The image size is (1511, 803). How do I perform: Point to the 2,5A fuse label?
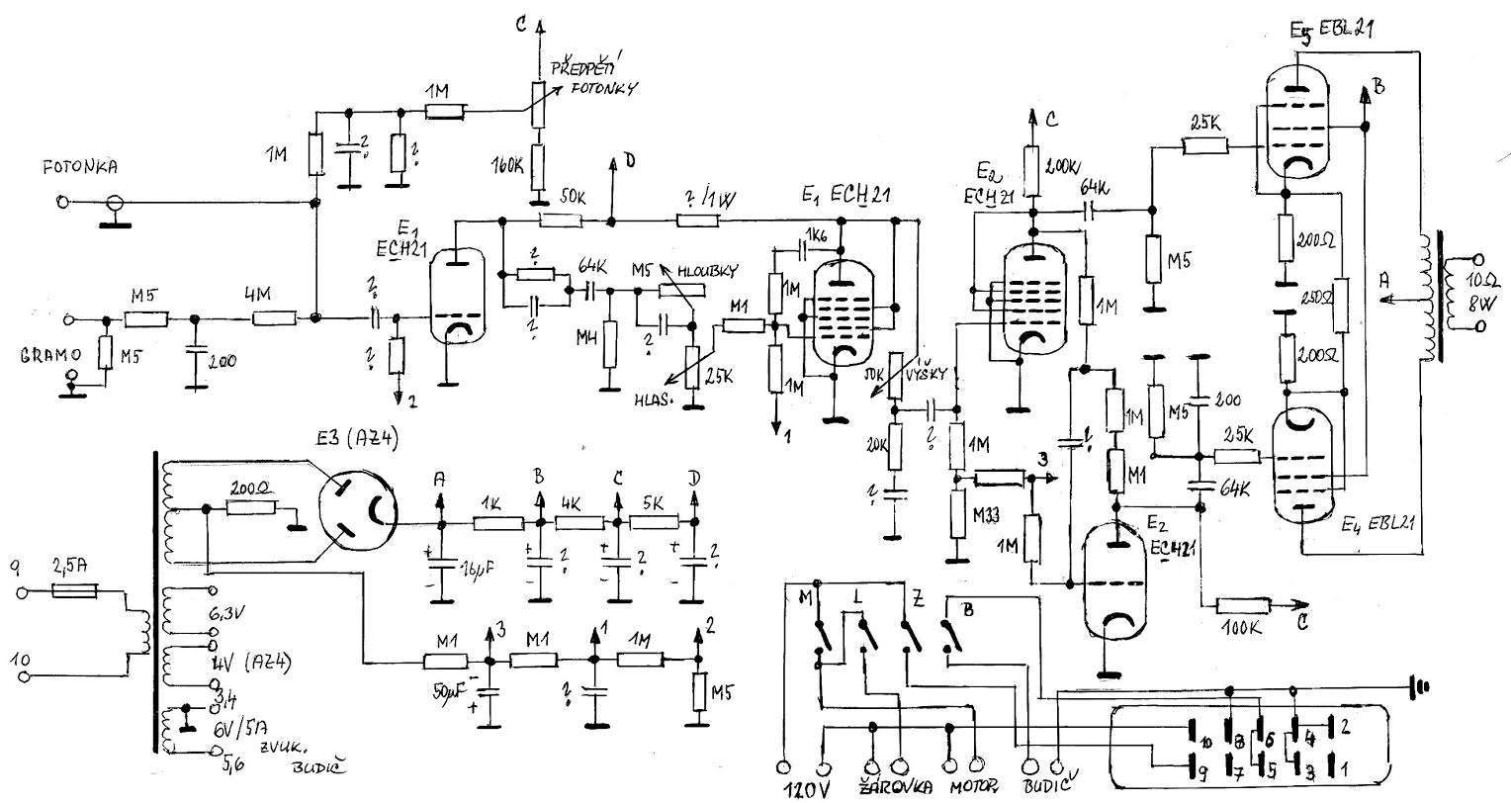pos(71,567)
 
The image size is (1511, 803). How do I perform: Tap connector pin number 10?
pos(1206,742)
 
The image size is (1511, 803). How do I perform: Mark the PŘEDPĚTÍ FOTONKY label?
pos(594,78)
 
